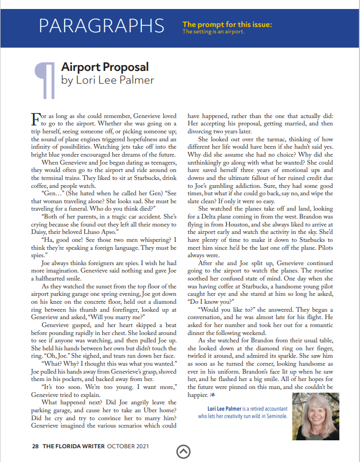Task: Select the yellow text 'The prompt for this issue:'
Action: click(x=227, y=24)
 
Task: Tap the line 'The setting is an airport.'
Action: click(x=213, y=32)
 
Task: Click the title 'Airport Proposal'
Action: click(x=105, y=67)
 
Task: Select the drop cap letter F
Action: click(x=35, y=116)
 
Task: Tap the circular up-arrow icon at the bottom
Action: click(x=183, y=450)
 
